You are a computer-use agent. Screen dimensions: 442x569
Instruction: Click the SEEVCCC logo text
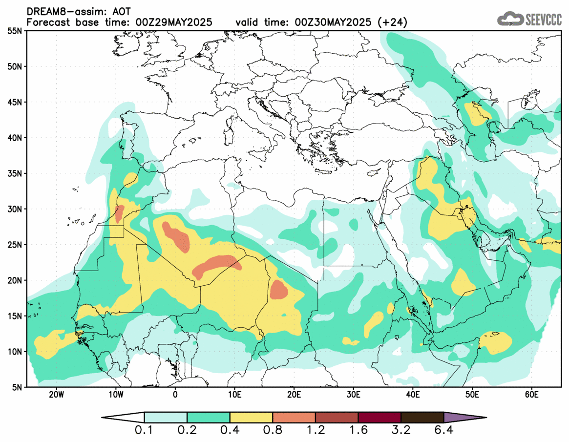[543, 19]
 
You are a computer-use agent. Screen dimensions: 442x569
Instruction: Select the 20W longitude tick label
[56, 394]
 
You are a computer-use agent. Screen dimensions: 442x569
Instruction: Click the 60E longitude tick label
[531, 394]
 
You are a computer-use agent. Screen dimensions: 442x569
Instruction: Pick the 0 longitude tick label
[175, 394]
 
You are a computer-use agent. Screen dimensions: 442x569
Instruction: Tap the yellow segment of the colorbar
[251, 418]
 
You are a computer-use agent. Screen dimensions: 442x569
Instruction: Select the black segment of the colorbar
[422, 418]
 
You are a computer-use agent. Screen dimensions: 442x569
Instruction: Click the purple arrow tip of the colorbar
[464, 418]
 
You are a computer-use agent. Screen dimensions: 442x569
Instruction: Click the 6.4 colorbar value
[443, 431]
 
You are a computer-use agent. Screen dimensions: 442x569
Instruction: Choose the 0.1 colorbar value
[145, 431]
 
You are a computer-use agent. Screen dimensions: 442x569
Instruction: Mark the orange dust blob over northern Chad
[279, 289]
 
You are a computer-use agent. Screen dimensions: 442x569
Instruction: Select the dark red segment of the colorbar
[379, 418]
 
